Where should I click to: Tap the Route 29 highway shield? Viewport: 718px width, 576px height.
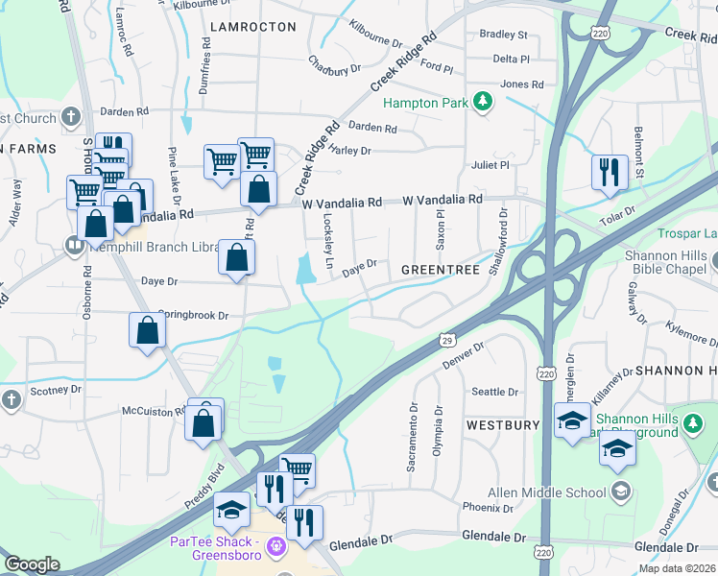point(447,340)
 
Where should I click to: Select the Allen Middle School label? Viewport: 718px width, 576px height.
point(547,492)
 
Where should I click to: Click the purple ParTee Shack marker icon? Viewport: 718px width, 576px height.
point(277,546)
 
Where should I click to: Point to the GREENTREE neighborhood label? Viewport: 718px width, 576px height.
point(440,270)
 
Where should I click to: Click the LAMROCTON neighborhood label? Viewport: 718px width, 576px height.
point(252,27)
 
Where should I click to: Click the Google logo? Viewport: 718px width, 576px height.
point(32,564)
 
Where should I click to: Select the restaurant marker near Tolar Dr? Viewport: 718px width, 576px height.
point(610,173)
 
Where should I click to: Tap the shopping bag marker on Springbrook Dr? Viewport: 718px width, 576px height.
point(148,330)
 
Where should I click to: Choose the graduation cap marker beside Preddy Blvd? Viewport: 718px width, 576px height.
point(231,511)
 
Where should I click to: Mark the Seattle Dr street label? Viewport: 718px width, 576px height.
point(494,392)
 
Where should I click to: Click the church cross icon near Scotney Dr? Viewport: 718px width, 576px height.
point(11,398)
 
